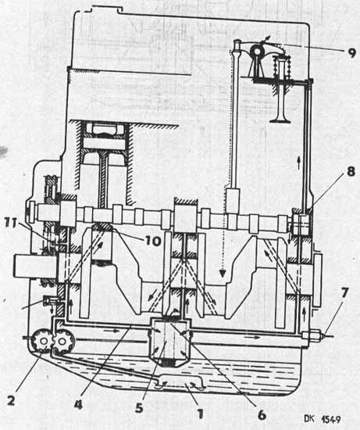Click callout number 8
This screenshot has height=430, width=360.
coord(351,171)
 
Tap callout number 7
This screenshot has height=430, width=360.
coord(344,293)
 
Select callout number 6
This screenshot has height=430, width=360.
coord(262,414)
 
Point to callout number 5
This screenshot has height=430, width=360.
coord(139,408)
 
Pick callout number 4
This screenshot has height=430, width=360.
coord(78,404)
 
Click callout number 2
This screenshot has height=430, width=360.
coord(11,401)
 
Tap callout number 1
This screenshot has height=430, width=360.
coord(201,413)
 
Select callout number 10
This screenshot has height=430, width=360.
coord(152,241)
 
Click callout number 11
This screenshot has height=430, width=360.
coord(11,222)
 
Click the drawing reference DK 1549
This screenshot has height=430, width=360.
coord(323,419)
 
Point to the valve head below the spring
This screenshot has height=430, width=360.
coord(280,120)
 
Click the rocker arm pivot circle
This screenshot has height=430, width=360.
coord(258,51)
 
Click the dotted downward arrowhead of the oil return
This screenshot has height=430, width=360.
coord(223,273)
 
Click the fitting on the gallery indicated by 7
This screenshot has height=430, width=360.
coord(311,335)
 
